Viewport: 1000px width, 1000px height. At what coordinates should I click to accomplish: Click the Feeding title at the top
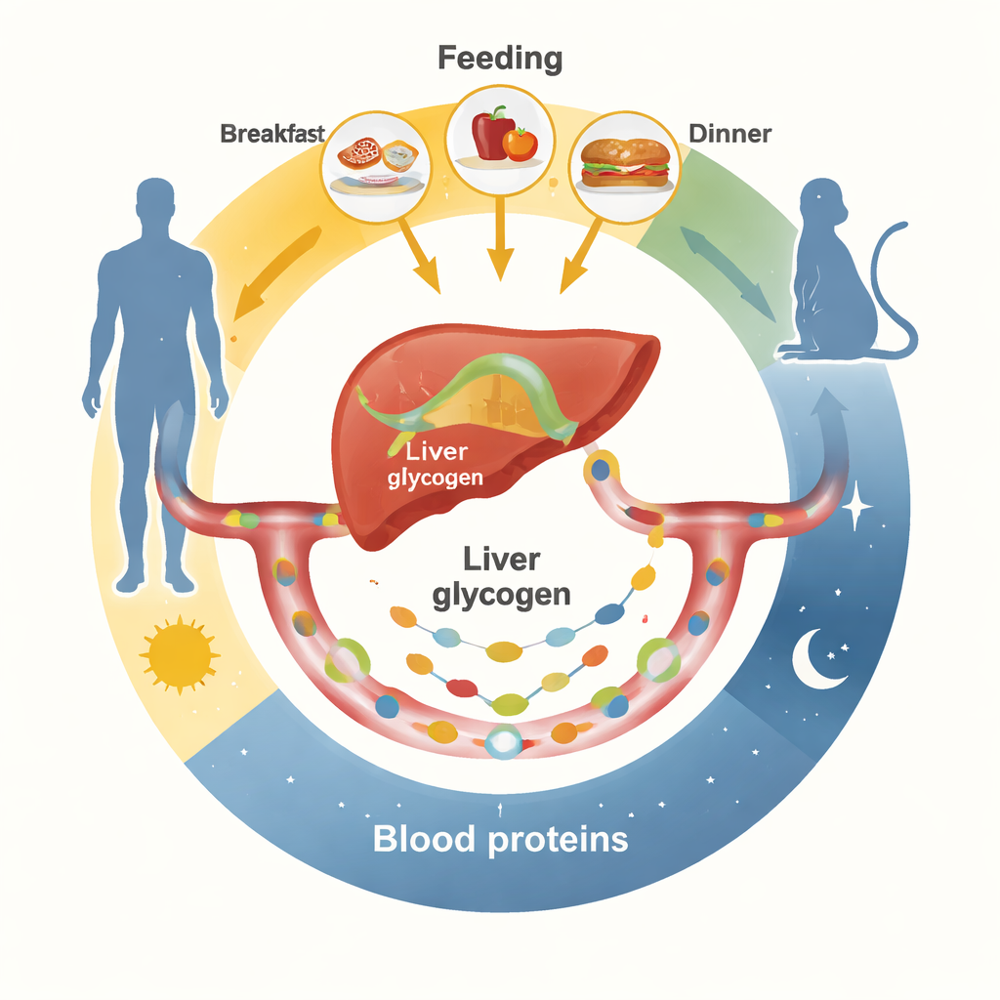pos(500,58)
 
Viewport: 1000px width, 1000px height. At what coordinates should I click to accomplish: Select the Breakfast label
pos(271,134)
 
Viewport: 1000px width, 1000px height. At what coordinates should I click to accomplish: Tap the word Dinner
pos(729,133)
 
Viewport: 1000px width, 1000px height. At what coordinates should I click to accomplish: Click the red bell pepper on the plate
pos(493,134)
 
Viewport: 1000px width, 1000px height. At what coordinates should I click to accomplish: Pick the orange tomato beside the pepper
pos(521,145)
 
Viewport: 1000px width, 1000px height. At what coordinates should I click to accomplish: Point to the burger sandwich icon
pos(625,162)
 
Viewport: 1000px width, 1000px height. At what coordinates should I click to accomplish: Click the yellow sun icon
pos(179,655)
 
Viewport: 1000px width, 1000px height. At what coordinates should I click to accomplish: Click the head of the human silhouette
pos(155,203)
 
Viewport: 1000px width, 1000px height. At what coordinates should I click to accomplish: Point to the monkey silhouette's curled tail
pos(894,283)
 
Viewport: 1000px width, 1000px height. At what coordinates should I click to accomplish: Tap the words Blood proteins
pos(500,839)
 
